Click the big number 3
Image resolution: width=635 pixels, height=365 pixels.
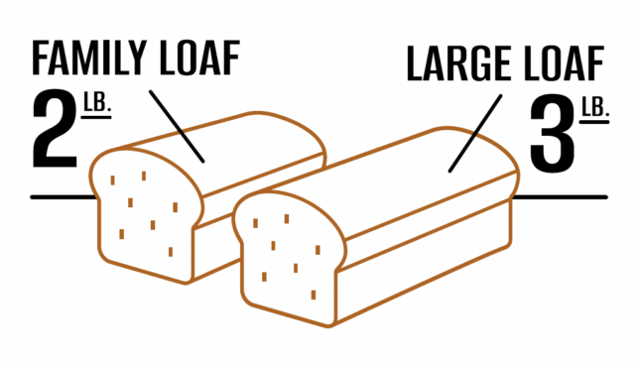[551, 132]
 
